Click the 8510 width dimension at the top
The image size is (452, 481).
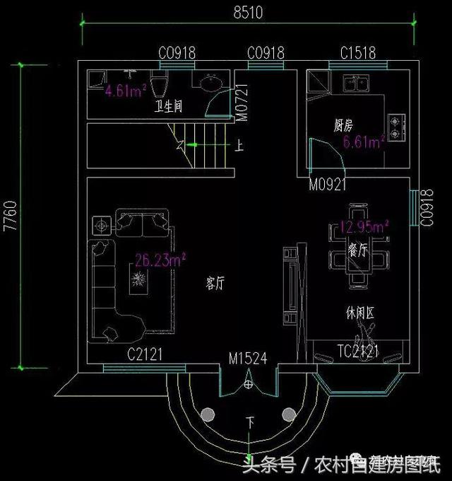[246, 11]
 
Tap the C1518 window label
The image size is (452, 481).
[358, 52]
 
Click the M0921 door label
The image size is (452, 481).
[328, 185]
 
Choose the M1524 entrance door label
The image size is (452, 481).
[247, 359]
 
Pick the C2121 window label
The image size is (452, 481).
[145, 354]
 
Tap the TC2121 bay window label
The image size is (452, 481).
[358, 351]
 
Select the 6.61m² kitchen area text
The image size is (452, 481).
[363, 143]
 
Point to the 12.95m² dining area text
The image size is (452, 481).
[363, 228]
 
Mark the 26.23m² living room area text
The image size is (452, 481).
[160, 260]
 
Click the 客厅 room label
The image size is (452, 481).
[215, 284]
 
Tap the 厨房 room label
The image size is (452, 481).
[343, 126]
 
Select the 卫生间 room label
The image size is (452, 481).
[169, 108]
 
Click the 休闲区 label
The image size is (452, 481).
[359, 312]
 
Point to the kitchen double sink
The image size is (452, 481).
[355, 84]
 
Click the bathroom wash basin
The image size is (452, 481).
[210, 84]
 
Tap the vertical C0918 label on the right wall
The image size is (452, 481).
[426, 209]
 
